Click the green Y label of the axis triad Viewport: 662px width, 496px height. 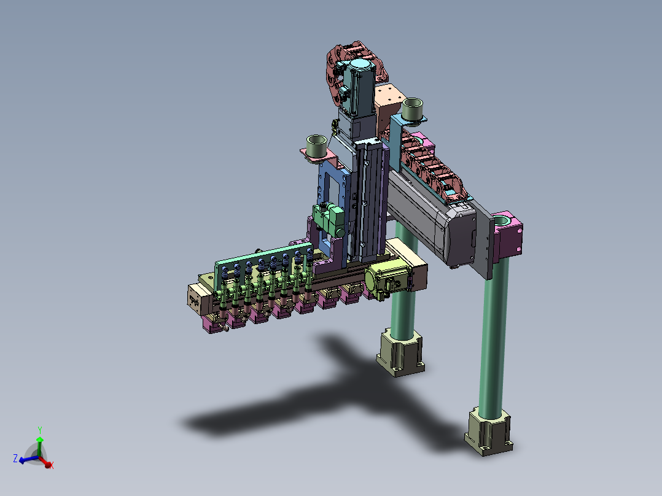coord(40,430)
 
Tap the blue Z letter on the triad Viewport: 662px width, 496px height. coord(15,459)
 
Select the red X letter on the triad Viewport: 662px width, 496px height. coord(52,465)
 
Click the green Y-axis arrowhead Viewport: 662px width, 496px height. coord(40,440)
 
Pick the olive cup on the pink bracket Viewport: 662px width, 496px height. coord(317,146)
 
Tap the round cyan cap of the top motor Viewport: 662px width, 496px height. coord(360,66)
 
